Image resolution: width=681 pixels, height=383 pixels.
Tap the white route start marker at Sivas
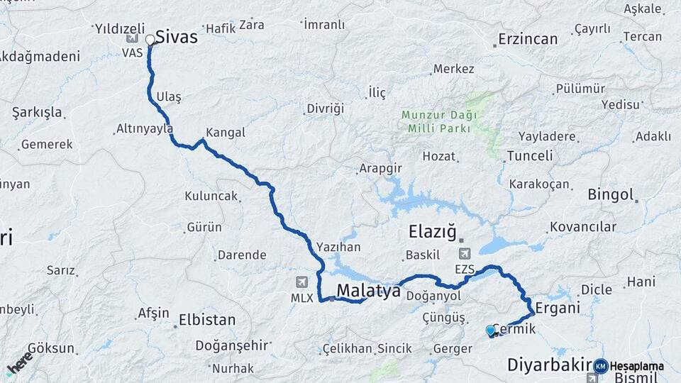tap(150, 40)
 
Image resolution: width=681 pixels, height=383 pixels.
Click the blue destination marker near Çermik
tap(490, 330)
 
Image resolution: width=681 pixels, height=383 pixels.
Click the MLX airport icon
tap(304, 282)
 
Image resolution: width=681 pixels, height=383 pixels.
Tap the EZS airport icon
tap(464, 253)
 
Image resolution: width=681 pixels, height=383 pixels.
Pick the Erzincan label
tap(528, 39)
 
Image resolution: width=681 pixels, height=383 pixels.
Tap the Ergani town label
tap(558, 308)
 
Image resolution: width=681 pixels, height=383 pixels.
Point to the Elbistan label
tap(206, 319)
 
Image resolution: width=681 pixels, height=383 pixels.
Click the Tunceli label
tap(530, 156)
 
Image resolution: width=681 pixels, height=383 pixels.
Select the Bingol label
tap(610, 194)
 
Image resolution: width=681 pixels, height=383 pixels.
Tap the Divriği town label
tap(325, 109)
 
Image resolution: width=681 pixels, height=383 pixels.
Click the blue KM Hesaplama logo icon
tap(601, 366)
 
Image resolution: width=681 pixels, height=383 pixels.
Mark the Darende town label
tap(242, 255)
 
